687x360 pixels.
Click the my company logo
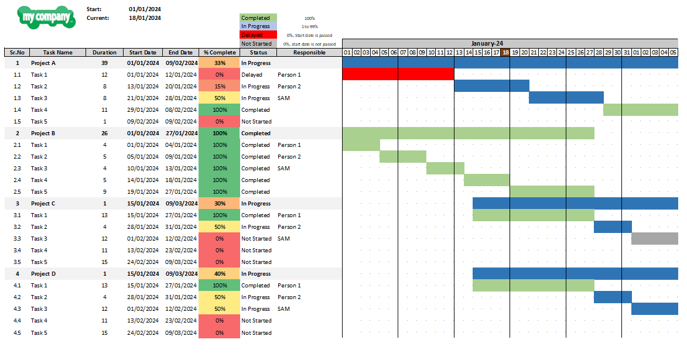(x=46, y=18)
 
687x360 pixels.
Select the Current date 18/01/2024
(x=145, y=18)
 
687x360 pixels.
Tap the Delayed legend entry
(x=258, y=35)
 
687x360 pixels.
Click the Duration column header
(x=104, y=53)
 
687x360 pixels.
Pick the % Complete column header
(x=220, y=53)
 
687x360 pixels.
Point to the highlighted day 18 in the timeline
(x=505, y=53)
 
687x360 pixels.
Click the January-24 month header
(x=487, y=43)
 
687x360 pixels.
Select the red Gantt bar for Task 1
(x=398, y=74)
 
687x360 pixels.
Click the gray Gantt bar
(x=655, y=238)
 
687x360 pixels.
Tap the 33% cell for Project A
(x=220, y=63)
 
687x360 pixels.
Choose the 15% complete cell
(x=220, y=86)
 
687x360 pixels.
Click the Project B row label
(x=43, y=133)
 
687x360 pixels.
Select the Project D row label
(x=43, y=274)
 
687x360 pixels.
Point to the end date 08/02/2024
(x=181, y=110)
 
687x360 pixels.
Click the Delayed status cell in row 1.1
(x=251, y=75)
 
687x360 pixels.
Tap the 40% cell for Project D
(x=220, y=274)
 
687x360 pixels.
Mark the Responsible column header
(x=309, y=53)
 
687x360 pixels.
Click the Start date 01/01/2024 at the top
(x=145, y=9)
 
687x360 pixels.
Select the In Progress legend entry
(x=258, y=26)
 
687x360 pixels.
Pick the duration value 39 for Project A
(x=104, y=63)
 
